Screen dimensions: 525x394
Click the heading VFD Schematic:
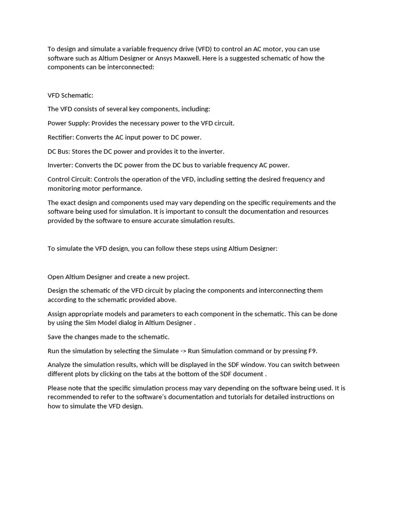(70, 95)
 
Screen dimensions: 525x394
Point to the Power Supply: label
(69, 124)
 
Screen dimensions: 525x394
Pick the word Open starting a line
(55, 277)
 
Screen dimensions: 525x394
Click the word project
(178, 277)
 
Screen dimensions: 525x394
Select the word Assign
(58, 314)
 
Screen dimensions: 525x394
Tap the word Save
(55, 337)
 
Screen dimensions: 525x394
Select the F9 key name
(312, 351)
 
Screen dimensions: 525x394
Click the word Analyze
(60, 365)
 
